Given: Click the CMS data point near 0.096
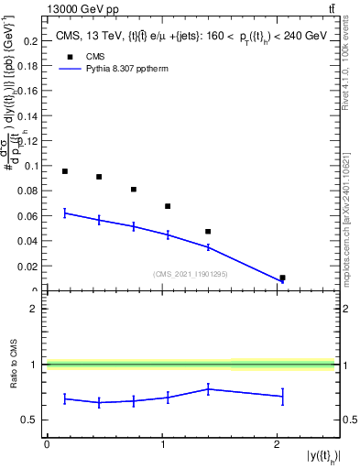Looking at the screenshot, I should [65, 171].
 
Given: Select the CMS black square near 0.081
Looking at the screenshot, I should [134, 190].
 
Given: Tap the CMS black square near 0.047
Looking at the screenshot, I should [208, 232].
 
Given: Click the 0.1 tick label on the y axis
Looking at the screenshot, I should [32, 166].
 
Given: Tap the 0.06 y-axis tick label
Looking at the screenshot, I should [30, 216].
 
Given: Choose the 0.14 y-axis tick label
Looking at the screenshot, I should [30, 116].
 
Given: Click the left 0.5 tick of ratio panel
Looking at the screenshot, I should [34, 420].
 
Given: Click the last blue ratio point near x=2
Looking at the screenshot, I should [282, 396].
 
